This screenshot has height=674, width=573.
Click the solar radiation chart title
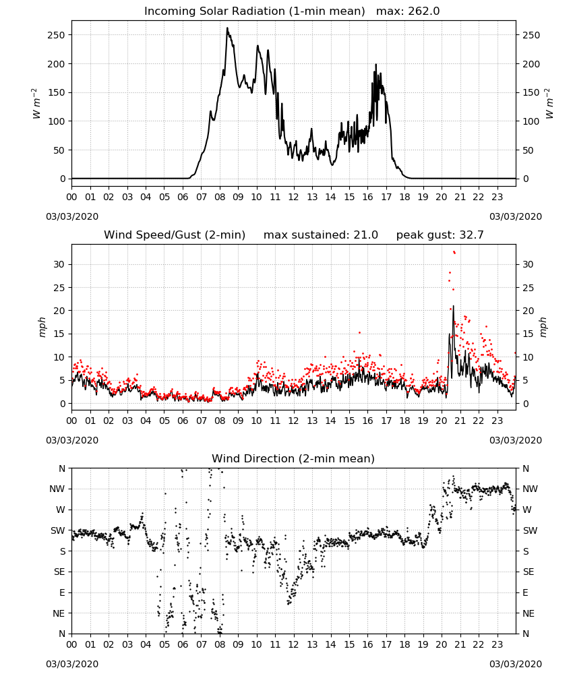292,11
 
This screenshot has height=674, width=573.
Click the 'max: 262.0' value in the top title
408,11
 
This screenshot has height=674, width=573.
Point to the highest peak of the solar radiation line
227,28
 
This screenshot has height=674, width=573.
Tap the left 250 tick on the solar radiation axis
56,35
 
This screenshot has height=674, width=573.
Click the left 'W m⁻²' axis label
36,104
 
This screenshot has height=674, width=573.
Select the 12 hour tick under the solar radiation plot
294,197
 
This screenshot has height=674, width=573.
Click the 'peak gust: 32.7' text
440,235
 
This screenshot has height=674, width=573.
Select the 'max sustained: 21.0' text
321,235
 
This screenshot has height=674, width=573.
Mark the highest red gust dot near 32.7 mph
454,252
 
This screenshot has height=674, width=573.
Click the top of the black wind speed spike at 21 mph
453,306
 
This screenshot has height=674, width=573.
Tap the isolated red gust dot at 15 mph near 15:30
360,332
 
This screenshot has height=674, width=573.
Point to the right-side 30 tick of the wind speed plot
528,264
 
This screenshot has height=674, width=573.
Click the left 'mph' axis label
42,327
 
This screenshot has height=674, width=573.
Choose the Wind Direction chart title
293,458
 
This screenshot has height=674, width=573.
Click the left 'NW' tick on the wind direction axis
57,489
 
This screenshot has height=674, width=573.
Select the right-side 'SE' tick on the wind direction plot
529,572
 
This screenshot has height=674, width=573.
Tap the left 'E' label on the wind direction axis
62,592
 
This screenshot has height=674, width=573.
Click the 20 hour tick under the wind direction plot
442,644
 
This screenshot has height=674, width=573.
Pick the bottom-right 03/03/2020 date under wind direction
516,664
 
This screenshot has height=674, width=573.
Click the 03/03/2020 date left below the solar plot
72,216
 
